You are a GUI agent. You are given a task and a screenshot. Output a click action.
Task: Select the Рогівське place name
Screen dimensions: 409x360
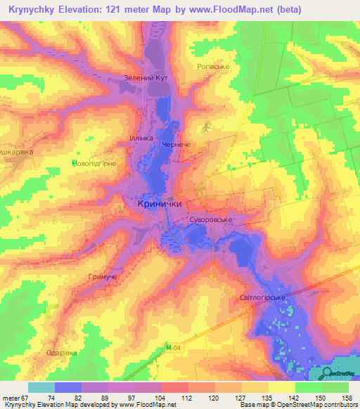pyautogui.click(x=213, y=67)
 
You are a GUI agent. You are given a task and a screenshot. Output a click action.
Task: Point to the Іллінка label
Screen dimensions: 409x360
pyautogui.click(x=141, y=138)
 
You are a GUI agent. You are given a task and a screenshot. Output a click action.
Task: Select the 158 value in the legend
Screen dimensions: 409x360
pyautogui.click(x=348, y=398)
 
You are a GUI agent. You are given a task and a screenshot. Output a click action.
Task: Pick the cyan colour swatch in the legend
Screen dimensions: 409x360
pyautogui.click(x=41, y=387)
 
